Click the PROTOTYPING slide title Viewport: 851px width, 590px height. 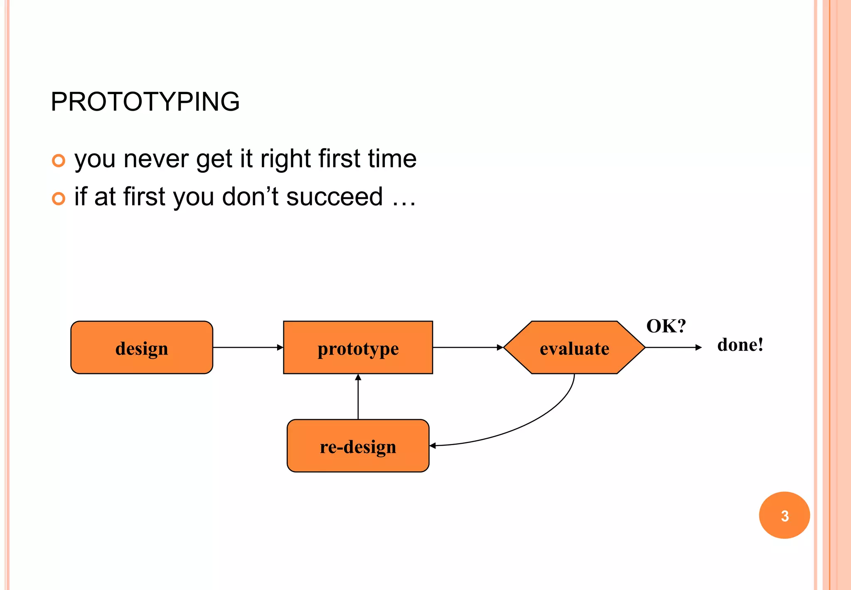(145, 102)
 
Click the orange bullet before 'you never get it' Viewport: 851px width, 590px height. (59, 161)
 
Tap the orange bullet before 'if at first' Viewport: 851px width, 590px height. (59, 198)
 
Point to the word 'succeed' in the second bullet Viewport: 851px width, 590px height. (334, 197)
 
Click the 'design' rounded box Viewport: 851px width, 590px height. (142, 347)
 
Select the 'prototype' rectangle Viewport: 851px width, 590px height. (358, 347)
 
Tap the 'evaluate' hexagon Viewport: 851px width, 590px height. (574, 347)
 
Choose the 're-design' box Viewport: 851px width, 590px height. (358, 446)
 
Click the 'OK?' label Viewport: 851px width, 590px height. (666, 326)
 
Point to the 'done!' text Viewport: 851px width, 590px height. (740, 345)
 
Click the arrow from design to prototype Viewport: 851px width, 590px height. (248, 347)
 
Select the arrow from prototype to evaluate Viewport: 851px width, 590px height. (467, 347)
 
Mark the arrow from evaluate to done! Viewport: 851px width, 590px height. (673, 347)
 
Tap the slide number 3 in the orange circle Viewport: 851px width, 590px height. (784, 516)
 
